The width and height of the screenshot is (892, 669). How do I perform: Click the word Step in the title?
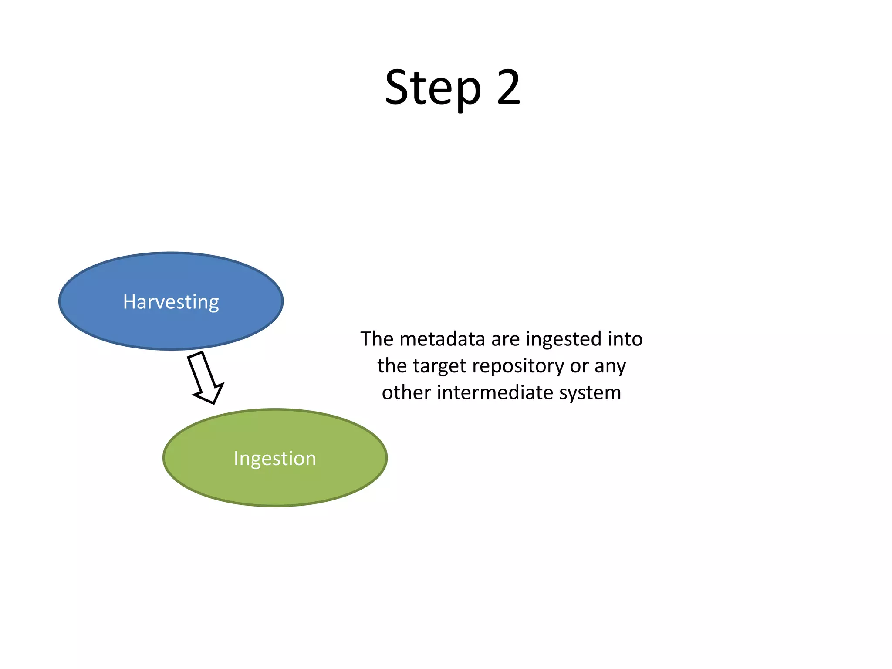433,88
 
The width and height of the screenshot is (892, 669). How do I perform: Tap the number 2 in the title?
508,88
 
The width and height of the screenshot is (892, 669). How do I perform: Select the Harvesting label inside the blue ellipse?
171,302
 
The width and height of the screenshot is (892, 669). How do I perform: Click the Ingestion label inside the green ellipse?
275,458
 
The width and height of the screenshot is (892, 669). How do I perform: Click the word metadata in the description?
442,339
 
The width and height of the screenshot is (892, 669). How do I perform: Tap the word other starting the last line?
406,392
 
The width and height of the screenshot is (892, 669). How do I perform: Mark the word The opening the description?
377,339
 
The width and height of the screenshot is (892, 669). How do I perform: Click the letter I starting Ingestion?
236,458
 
